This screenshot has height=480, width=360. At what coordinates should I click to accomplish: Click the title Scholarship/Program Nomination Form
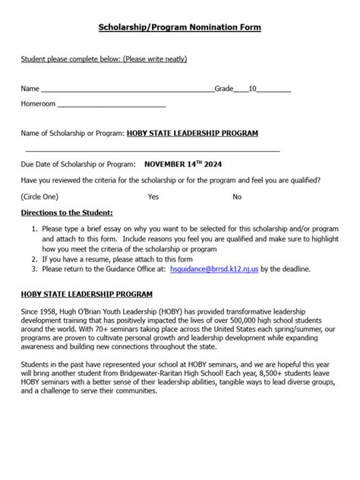(179, 27)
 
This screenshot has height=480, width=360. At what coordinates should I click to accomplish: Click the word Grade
(224, 88)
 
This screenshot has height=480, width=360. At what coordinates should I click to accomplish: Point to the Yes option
(153, 197)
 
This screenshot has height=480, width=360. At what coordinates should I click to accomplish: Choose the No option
(237, 197)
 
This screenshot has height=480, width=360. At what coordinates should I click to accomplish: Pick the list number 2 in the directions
(34, 258)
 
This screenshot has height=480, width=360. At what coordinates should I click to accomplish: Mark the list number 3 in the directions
(34, 269)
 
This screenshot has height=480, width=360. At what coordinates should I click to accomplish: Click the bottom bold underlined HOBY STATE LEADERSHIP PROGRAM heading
(87, 293)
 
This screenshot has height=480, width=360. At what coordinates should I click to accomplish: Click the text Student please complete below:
(70, 59)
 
